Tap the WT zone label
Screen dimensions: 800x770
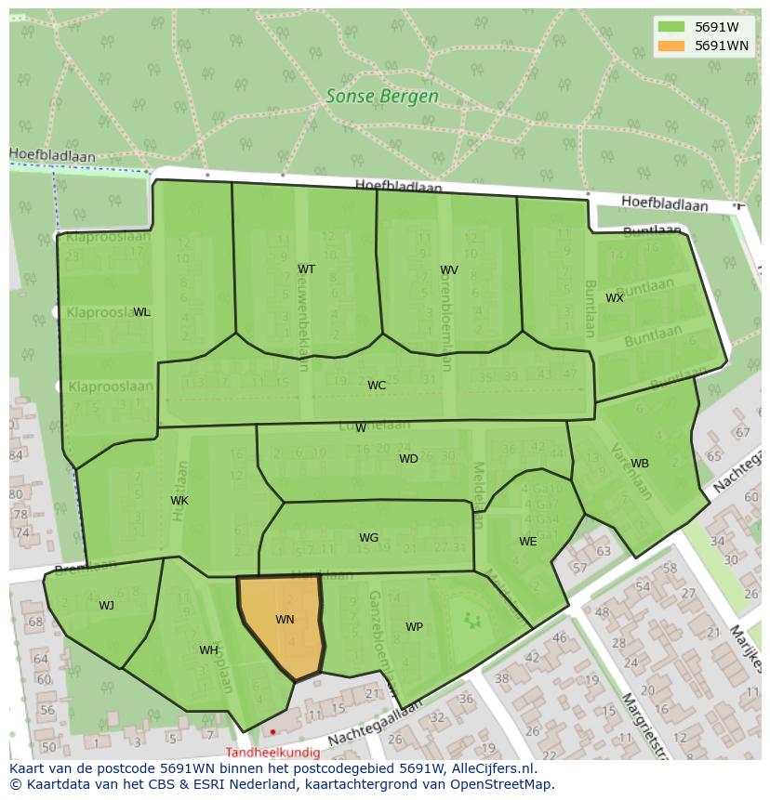[x=306, y=269]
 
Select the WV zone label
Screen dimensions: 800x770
[x=449, y=270]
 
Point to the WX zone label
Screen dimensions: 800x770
[x=615, y=298]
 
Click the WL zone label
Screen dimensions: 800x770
[x=141, y=312]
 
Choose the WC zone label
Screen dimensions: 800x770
[x=377, y=386]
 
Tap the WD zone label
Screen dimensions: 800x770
[x=408, y=459]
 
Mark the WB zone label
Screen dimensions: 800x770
[x=640, y=464]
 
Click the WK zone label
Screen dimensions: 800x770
[x=179, y=501]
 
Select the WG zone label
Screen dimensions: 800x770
[x=368, y=538]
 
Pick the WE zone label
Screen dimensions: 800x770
[x=528, y=542]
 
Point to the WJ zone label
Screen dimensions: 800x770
[x=107, y=606]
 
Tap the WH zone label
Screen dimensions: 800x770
[x=208, y=650]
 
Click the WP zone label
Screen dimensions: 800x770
[x=414, y=627]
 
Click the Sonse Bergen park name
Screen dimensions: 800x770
[x=382, y=96]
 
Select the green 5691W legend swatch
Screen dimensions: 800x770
[x=670, y=27]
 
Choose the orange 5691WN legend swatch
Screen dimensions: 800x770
[x=670, y=46]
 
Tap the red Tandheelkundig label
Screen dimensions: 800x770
[x=272, y=753]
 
